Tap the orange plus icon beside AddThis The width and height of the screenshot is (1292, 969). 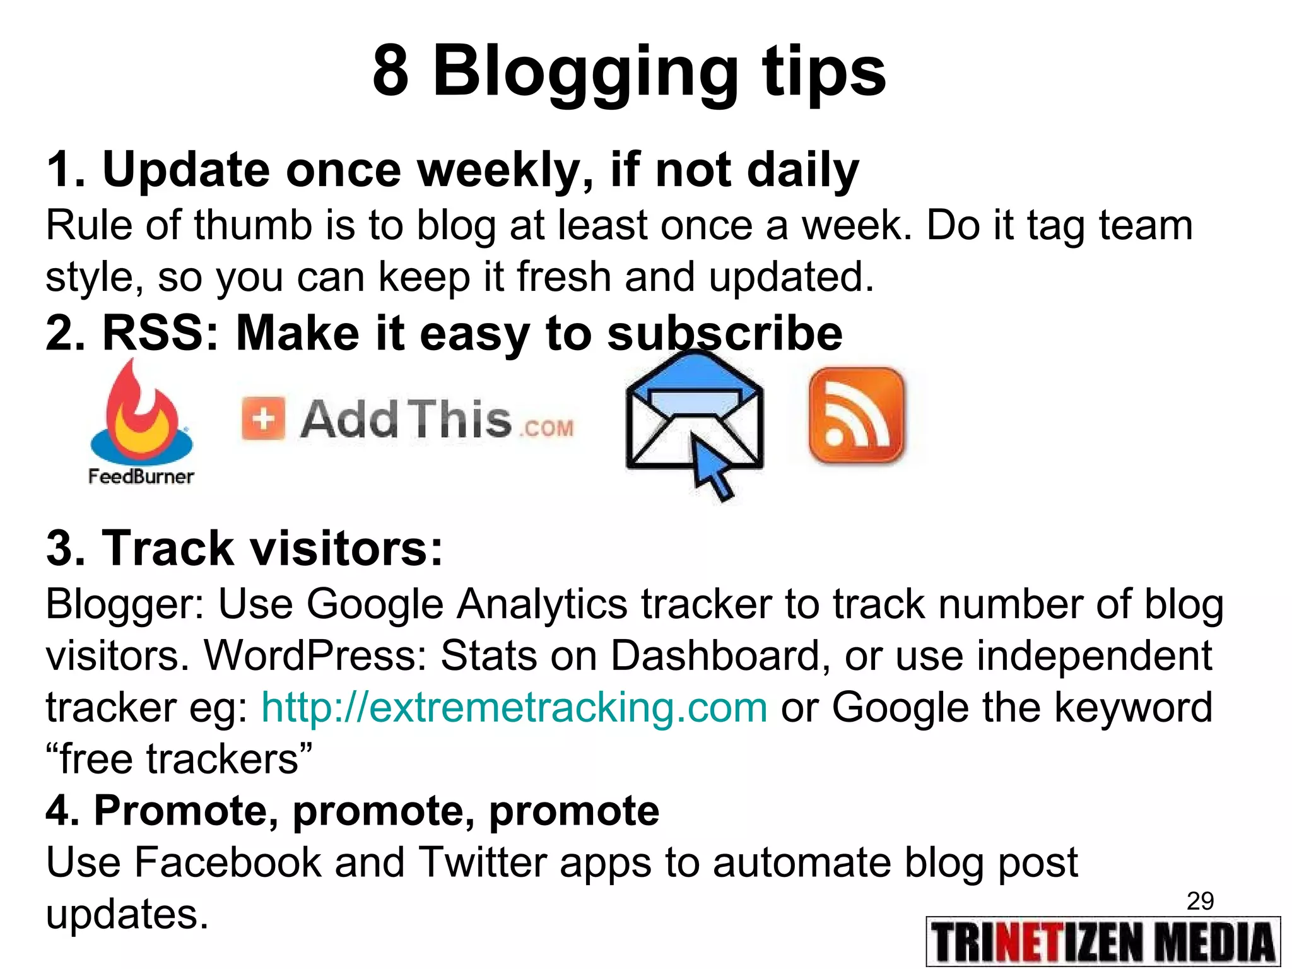[x=263, y=418]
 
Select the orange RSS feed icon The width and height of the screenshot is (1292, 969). [x=856, y=416]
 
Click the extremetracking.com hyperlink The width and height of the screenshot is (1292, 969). [x=514, y=707]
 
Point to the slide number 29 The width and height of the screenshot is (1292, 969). [x=1200, y=901]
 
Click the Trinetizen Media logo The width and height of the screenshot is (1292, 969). [x=1103, y=942]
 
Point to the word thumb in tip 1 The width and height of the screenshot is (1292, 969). [x=252, y=225]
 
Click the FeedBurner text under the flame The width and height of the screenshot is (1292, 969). [x=141, y=476]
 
